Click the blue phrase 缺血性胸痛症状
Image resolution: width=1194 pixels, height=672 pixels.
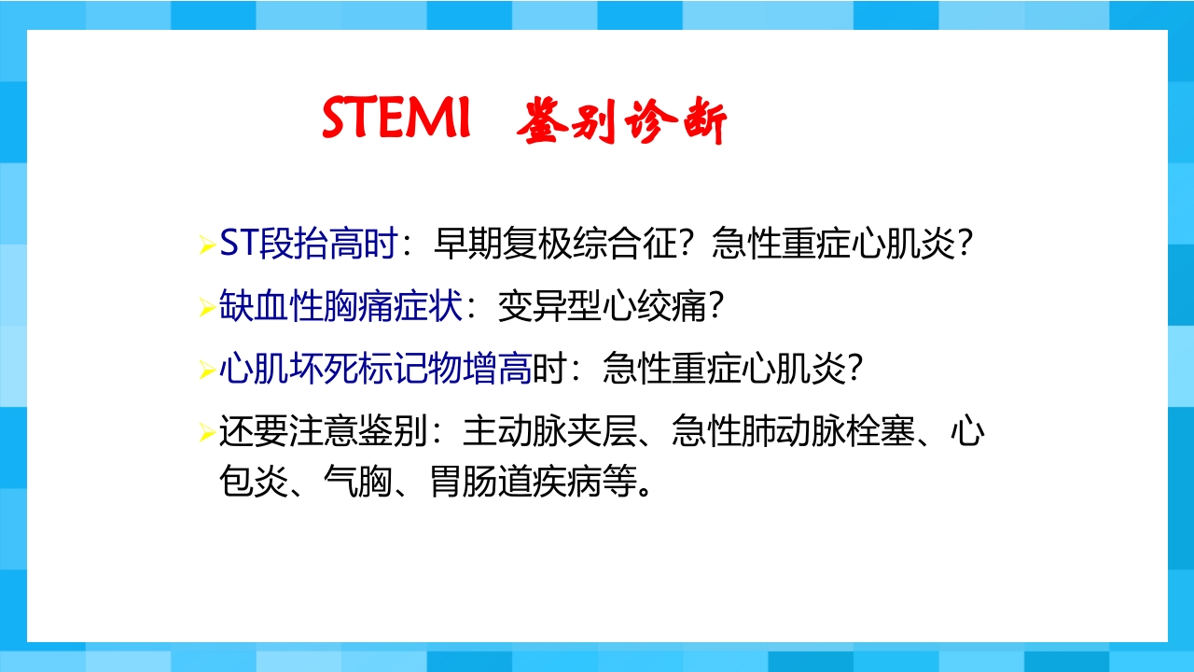[341, 306]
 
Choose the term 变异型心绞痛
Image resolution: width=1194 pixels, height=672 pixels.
[602, 306]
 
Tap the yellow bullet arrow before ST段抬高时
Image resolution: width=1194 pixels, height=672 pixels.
[207, 246]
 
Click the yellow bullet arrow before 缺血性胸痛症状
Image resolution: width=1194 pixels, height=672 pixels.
[207, 308]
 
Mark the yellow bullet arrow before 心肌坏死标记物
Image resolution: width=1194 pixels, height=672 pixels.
[207, 371]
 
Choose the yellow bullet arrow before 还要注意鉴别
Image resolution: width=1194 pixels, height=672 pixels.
[207, 433]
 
